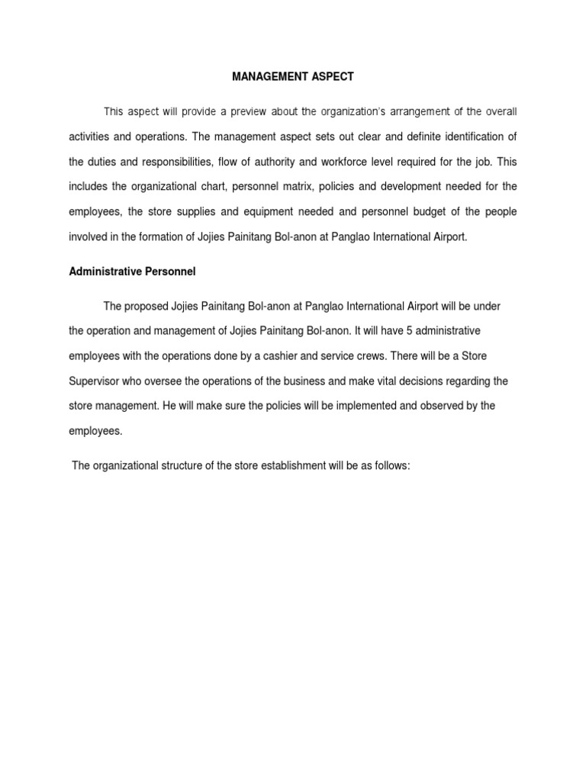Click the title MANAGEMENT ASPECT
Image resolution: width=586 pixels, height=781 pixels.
pyautogui.click(x=293, y=77)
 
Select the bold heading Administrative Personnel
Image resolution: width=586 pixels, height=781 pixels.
pyautogui.click(x=133, y=271)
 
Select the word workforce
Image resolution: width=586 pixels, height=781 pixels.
pyautogui.click(x=362, y=162)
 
